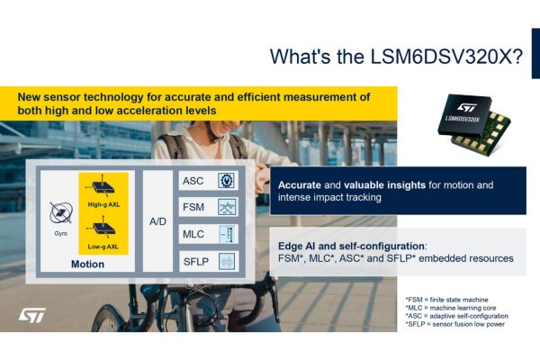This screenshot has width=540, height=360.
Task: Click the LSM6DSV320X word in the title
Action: coord(446,57)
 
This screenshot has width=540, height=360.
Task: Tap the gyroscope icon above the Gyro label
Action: coord(61,213)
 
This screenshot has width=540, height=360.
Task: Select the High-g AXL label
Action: coord(103,204)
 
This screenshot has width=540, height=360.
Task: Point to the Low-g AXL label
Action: coord(103,247)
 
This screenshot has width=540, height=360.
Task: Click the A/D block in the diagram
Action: coord(157,221)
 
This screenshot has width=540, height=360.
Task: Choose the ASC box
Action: coord(209,181)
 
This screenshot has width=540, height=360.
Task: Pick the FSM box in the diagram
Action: coord(209,207)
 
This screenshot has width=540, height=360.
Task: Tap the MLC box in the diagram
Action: coord(209,234)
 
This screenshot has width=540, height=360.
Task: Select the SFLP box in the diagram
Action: coord(209,262)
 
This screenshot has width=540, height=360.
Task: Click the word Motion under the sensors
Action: coord(87,265)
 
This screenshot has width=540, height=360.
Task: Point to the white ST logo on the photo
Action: coord(32,315)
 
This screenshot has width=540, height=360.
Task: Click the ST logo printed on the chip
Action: coord(467,107)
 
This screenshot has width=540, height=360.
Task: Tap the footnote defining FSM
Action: coord(447,300)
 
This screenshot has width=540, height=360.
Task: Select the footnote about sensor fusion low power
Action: coord(455,324)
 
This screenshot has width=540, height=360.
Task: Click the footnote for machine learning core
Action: coord(451,308)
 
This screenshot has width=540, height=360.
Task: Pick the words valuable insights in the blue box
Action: coord(384,185)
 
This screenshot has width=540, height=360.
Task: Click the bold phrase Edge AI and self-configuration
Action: coord(351,246)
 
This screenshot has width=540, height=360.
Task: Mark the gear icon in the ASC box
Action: coord(227,181)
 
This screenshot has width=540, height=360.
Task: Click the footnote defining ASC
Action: coord(457,316)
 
